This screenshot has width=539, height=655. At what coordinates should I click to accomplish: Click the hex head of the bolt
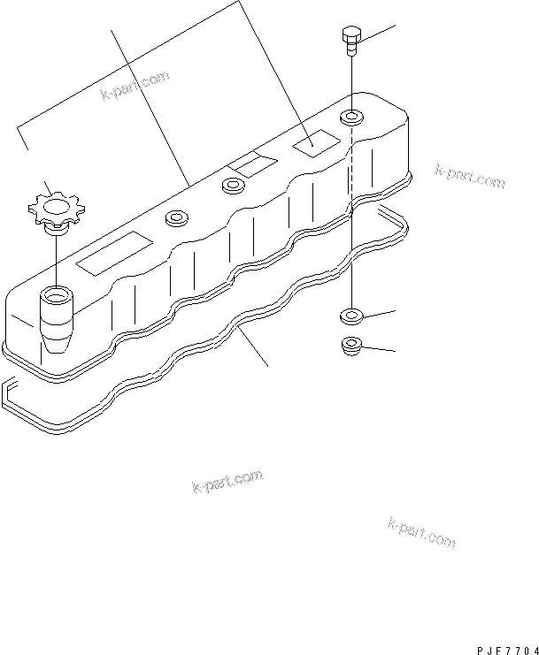pyautogui.click(x=350, y=35)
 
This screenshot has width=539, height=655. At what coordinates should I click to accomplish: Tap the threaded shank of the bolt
pyautogui.click(x=351, y=50)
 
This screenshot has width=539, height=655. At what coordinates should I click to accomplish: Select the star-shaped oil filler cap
pyautogui.click(x=56, y=208)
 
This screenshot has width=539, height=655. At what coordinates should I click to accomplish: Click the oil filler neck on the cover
pyautogui.click(x=57, y=319)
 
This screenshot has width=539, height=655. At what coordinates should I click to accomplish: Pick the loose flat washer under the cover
pyautogui.click(x=351, y=316)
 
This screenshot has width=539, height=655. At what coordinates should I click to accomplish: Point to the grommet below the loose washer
pyautogui.click(x=351, y=347)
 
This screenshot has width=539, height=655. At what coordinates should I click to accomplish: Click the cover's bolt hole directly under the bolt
pyautogui.click(x=351, y=117)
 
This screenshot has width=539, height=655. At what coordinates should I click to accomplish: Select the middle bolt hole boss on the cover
pyautogui.click(x=235, y=186)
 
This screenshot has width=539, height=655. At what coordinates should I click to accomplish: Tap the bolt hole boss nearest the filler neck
pyautogui.click(x=176, y=218)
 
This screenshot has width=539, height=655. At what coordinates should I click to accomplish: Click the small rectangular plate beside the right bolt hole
pyautogui.click(x=317, y=143)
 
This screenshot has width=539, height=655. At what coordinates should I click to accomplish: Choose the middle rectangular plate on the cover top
pyautogui.click(x=252, y=164)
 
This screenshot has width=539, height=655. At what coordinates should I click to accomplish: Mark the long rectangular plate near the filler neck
pyautogui.click(x=114, y=253)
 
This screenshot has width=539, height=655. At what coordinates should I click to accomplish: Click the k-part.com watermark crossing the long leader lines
pyautogui.click(x=135, y=86)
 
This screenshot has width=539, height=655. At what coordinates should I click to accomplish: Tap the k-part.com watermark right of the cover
pyautogui.click(x=470, y=175)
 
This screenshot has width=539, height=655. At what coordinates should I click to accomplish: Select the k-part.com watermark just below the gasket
pyautogui.click(x=227, y=481)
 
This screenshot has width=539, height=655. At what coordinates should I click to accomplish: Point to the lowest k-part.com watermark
pyautogui.click(x=421, y=532)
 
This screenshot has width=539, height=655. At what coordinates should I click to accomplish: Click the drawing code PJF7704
pyautogui.click(x=508, y=651)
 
